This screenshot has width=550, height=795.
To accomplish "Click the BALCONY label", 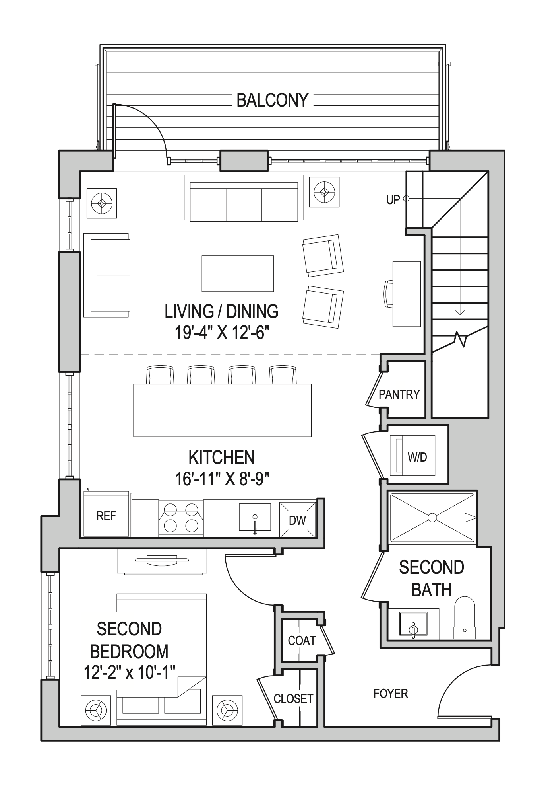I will (x=272, y=100).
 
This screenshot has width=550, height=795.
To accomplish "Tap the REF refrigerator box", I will (x=106, y=516).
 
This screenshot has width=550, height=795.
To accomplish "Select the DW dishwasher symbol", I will (x=298, y=520).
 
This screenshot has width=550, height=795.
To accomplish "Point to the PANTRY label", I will (x=399, y=394).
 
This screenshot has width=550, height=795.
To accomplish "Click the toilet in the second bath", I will (x=465, y=619).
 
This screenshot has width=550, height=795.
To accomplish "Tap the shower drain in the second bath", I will (x=432, y=518).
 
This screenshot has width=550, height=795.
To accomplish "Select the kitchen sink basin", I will (x=255, y=517).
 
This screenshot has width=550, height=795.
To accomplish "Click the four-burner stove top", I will (x=181, y=517).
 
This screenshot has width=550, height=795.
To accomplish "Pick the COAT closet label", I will (x=302, y=641).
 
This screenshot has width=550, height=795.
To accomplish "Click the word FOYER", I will (x=391, y=694).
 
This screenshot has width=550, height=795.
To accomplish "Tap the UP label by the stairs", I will (x=393, y=200).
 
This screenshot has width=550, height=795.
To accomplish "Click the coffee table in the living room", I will (x=237, y=274).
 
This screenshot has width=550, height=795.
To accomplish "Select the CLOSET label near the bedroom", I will (x=293, y=699).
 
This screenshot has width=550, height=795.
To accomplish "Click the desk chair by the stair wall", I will (x=389, y=293).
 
